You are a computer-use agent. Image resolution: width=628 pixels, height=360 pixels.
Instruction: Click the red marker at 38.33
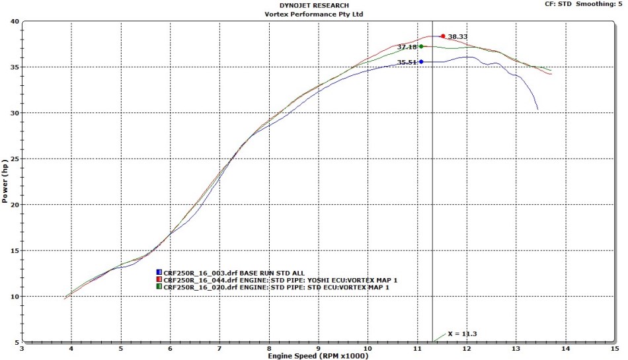click(442, 36)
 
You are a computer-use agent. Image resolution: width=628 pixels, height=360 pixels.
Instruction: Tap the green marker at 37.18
click(421, 46)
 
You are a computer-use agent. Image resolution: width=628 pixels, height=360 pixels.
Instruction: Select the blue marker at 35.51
click(421, 61)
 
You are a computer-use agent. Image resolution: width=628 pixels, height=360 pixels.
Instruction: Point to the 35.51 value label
click(407, 62)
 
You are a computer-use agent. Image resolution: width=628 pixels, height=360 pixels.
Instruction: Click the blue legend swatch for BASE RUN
click(159, 272)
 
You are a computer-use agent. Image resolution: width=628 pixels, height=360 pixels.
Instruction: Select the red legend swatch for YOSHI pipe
click(159, 280)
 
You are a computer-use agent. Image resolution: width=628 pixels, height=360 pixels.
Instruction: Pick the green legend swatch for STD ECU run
click(159, 287)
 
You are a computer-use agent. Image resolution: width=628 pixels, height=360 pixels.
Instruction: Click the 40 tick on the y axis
click(14, 21)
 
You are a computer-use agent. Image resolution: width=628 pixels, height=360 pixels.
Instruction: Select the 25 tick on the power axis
click(14, 159)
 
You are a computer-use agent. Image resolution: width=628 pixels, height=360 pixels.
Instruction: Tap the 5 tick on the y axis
click(16, 342)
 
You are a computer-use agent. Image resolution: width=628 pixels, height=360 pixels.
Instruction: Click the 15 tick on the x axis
click(615, 348)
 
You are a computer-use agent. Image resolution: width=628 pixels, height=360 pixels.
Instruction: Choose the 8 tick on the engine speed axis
click(269, 348)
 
